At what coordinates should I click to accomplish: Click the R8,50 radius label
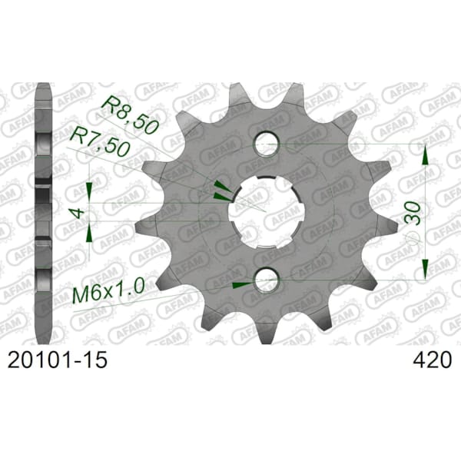[x=129, y=115]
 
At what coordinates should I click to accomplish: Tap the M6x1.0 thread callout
[x=108, y=291]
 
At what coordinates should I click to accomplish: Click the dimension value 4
[x=78, y=213]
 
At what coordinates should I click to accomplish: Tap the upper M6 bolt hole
[x=267, y=144]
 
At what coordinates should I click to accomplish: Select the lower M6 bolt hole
[x=267, y=280]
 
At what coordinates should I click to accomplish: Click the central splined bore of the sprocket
[x=267, y=211]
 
